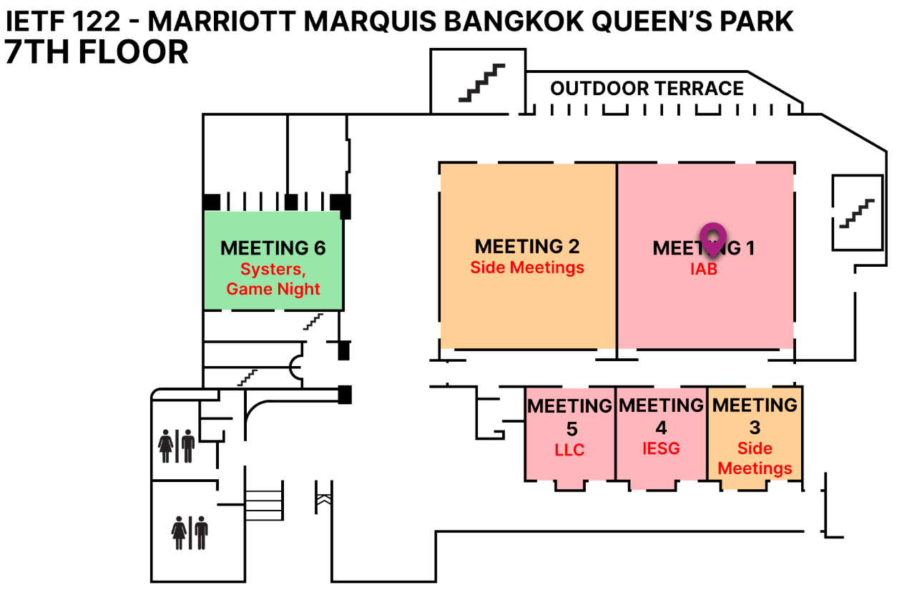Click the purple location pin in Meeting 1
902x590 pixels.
[x=712, y=238]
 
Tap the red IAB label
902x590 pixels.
[x=704, y=270]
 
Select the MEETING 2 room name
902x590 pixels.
[x=527, y=247]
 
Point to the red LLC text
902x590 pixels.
[x=569, y=450]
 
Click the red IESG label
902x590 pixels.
[x=661, y=448]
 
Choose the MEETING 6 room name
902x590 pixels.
[x=273, y=248]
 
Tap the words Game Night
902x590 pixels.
[x=273, y=289]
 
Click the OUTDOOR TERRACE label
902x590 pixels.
[x=647, y=89]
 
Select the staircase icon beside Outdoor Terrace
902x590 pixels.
[x=481, y=83]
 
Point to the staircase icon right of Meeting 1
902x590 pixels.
[x=856, y=213]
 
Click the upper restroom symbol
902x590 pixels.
[x=176, y=446]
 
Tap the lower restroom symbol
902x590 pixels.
[x=190, y=532]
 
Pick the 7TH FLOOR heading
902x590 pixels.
[x=97, y=52]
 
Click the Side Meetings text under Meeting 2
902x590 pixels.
[x=527, y=267]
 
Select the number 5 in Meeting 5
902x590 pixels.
[x=571, y=429]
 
